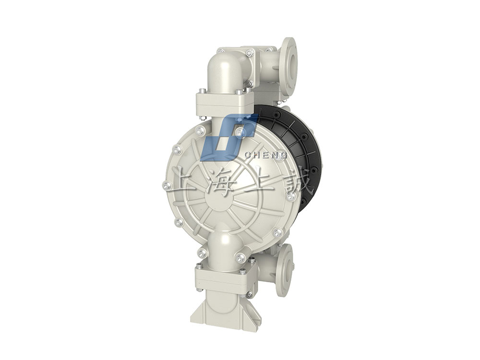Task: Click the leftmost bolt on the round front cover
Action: coord(167,186)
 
